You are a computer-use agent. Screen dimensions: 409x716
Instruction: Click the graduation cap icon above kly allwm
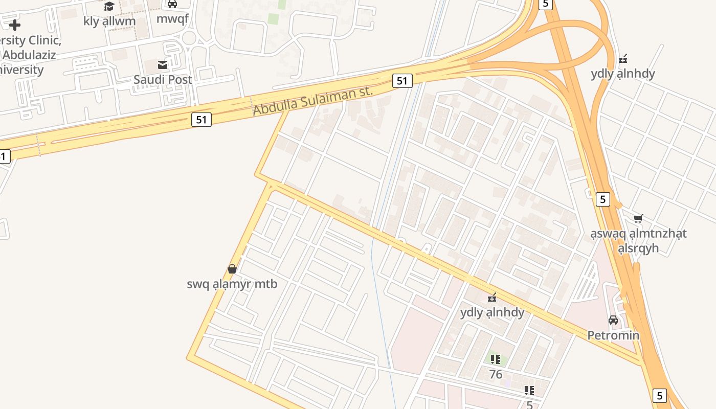[109, 6]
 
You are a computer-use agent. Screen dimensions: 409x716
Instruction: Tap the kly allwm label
[109, 21]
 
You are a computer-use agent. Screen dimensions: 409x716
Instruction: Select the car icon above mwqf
[172, 4]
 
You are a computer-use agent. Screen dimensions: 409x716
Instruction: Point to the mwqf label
[172, 19]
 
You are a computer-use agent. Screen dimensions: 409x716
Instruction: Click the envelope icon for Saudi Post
[163, 65]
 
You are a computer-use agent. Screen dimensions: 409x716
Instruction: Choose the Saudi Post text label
[163, 80]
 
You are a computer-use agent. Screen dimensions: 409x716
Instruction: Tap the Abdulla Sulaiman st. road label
[313, 101]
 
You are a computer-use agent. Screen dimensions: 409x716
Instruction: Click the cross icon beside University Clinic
[14, 25]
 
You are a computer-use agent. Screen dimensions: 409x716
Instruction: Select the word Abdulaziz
[29, 55]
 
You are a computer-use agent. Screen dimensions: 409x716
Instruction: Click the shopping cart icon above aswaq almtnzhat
[638, 219]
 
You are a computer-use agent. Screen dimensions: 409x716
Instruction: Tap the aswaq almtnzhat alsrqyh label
[638, 241]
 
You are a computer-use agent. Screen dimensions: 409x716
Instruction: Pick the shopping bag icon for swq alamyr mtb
[232, 269]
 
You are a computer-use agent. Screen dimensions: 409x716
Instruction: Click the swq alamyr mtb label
[232, 284]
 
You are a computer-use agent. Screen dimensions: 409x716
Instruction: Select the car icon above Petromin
[613, 321]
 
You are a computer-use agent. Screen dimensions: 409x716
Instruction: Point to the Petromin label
[613, 335]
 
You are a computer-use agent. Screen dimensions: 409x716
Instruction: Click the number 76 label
[495, 374]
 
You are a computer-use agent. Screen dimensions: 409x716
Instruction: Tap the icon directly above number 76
[495, 359]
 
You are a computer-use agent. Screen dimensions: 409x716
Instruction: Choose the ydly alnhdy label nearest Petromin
[492, 312]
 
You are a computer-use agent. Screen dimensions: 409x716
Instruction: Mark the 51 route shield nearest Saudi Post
[202, 120]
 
